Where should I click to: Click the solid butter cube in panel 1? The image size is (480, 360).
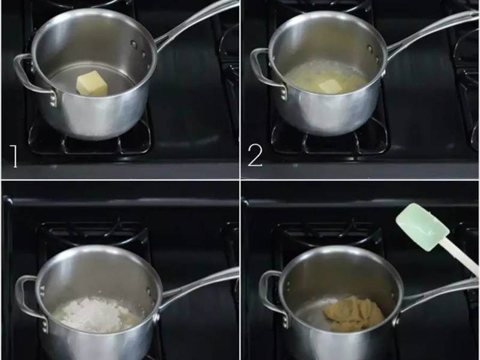[92, 83]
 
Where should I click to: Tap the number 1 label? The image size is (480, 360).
[14, 157]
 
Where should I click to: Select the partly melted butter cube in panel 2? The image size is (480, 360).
[330, 86]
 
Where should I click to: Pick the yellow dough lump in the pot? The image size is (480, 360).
[354, 314]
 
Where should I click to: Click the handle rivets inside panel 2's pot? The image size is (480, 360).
[373, 53]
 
